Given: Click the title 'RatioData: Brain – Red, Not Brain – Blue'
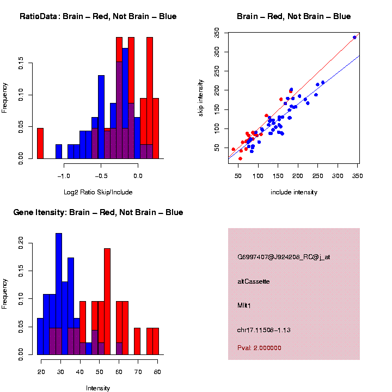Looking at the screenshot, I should [x=98, y=16].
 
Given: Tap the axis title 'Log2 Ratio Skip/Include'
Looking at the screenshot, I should [x=98, y=192].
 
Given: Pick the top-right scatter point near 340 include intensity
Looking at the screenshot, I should [x=354, y=38].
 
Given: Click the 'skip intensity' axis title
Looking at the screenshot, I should [x=207, y=96].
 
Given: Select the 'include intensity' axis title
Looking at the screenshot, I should [x=294, y=192].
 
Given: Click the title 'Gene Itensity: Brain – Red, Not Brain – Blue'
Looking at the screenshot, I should [x=98, y=212].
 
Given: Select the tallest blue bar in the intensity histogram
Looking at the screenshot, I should [x=59, y=294].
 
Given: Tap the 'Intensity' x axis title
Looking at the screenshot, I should [x=98, y=388].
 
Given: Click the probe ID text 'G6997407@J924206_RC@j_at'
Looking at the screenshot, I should [x=284, y=257].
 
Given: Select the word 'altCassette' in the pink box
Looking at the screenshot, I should [x=254, y=281].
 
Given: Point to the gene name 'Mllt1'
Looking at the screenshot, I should [x=244, y=306].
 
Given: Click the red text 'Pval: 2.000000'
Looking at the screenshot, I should [x=260, y=347].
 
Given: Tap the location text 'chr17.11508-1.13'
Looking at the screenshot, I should [x=265, y=330].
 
